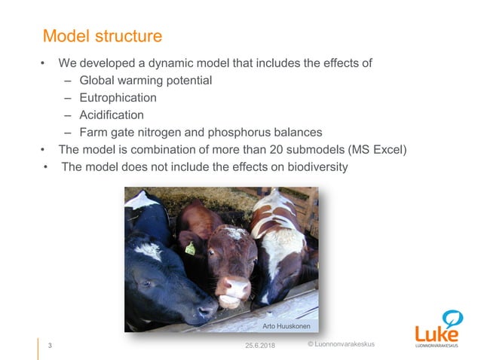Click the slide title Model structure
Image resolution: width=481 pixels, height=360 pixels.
[103, 35]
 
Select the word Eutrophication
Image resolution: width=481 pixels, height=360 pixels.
[118, 97]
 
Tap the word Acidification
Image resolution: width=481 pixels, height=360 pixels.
[112, 114]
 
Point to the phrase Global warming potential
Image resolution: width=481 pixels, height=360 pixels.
[146, 80]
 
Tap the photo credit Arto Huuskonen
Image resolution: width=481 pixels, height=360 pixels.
[290, 326]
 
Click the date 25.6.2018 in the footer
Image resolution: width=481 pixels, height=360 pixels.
[261, 346]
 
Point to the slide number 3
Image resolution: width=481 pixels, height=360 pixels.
[50, 346]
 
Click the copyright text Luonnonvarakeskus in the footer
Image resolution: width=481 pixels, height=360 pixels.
[345, 344]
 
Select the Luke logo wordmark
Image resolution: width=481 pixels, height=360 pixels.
[436, 334]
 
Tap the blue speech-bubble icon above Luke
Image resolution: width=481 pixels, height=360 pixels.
[451, 317]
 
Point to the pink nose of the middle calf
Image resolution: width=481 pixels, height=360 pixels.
[236, 289]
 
